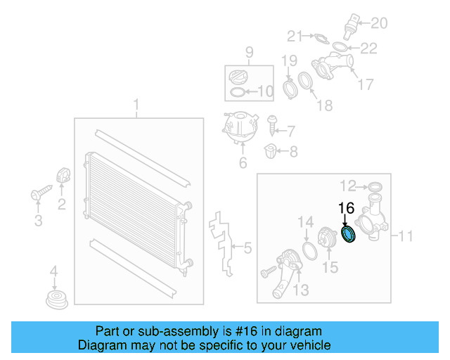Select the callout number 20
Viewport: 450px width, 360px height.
[x=379, y=23]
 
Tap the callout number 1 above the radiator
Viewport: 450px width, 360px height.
[x=136, y=106]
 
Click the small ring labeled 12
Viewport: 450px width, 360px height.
[x=375, y=186]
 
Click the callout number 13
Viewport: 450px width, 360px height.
[x=300, y=290]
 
